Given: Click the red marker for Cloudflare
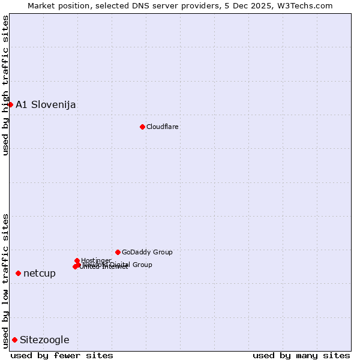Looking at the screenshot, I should pyautogui.click(x=142, y=127).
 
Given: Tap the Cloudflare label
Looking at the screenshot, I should pyautogui.click(x=162, y=127).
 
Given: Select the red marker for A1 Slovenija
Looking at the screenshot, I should pyautogui.click(x=10, y=104).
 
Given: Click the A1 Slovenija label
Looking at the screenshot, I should pyautogui.click(x=46, y=105).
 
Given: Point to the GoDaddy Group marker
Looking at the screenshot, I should pyautogui.click(x=118, y=252).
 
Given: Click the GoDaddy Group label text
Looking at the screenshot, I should pyautogui.click(x=147, y=253).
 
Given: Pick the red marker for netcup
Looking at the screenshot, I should pyautogui.click(x=18, y=273).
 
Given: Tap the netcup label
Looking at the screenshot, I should pyautogui.click(x=40, y=274).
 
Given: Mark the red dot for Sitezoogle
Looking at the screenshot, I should pyautogui.click(x=14, y=340).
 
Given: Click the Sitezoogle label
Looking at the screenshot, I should pyautogui.click(x=44, y=340).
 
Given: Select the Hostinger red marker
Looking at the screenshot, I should pyautogui.click(x=77, y=260).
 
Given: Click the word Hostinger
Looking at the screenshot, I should pyautogui.click(x=96, y=260).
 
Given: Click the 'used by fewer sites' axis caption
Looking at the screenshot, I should pyautogui.click(x=62, y=355).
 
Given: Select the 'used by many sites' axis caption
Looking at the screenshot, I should pyautogui.click(x=301, y=355).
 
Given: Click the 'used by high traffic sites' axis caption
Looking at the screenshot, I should pyautogui.click(x=6, y=85).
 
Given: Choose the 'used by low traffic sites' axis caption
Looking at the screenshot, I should pyautogui.click(x=6, y=281).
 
